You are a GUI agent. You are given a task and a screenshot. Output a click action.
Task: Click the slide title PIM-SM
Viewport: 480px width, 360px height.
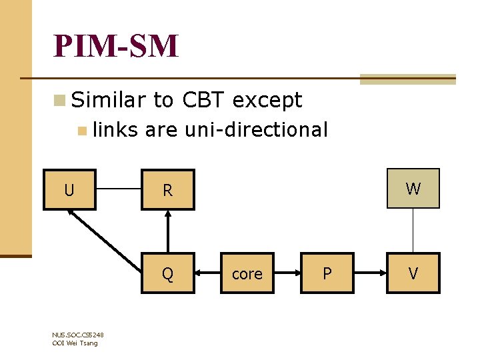pos(117,46)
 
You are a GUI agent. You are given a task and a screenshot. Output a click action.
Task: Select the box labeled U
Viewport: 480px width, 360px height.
pos(69,190)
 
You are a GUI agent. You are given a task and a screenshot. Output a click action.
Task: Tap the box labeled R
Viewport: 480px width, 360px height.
pos(168,190)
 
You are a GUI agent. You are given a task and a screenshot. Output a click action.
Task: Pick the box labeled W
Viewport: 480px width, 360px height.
pos(413,189)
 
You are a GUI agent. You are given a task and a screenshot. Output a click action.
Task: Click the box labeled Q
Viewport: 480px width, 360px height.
pos(168,273)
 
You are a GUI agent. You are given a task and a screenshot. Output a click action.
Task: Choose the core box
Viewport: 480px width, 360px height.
pos(247,273)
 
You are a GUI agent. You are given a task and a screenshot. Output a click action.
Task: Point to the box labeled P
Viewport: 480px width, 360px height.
pos(327,273)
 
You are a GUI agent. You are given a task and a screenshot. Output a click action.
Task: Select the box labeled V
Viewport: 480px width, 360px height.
pos(413,273)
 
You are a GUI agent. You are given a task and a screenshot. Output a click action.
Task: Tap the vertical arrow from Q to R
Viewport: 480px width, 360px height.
pos(168,231)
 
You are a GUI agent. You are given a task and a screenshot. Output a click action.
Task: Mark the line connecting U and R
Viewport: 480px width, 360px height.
pos(119,189)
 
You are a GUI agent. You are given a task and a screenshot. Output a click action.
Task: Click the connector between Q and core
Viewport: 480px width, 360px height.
pos(208,273)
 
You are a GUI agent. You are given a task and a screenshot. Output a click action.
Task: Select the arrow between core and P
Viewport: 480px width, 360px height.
pos(287,273)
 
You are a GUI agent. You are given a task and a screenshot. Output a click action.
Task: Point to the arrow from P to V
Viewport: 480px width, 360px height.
pos(370,273)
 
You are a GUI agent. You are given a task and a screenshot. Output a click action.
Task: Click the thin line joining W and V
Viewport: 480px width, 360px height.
pos(413,231)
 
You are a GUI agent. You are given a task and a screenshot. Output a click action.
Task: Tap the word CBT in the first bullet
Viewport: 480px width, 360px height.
pos(203,101)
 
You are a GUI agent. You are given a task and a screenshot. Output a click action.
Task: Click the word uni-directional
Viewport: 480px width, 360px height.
pos(256,129)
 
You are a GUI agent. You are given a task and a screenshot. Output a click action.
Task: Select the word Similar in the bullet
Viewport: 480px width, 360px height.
pos(109,101)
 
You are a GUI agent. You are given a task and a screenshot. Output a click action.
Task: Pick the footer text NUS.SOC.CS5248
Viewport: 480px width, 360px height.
pos(78,335)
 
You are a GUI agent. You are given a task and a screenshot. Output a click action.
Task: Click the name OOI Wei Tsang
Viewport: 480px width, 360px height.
pos(75,343)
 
